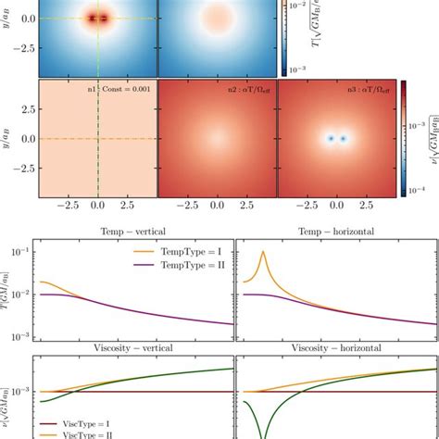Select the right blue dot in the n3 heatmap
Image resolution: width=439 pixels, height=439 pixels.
pos(344,139)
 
